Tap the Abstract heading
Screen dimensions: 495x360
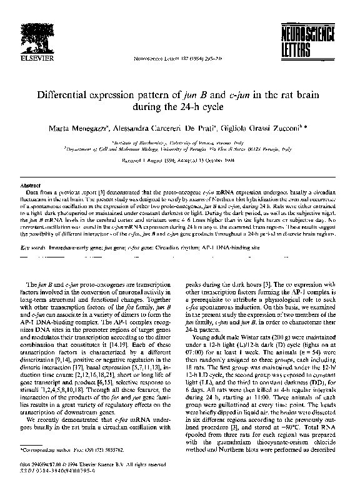(31, 186)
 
